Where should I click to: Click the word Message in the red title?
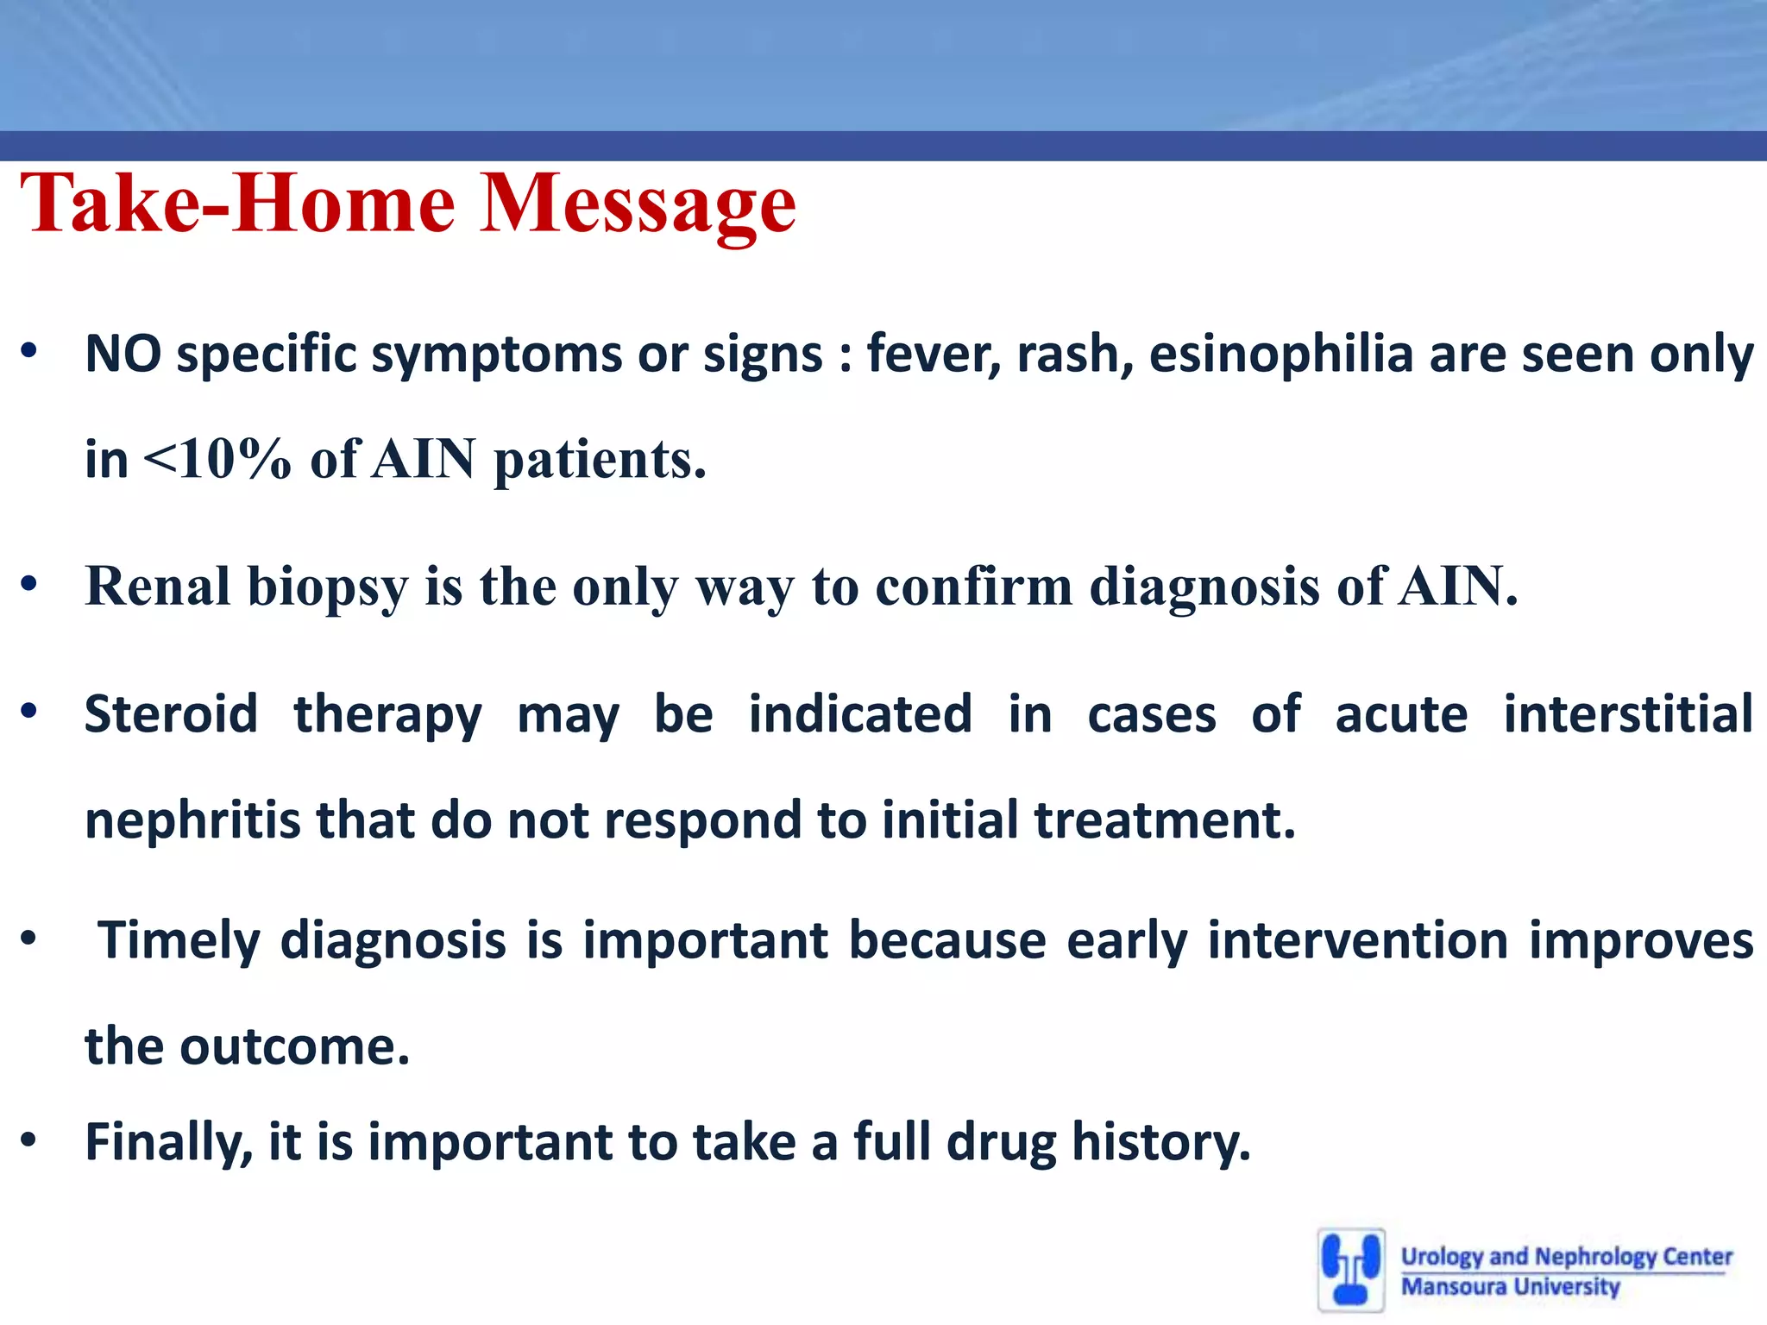click(x=638, y=205)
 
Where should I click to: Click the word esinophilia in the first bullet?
click(x=1280, y=355)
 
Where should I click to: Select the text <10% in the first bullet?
click(x=217, y=458)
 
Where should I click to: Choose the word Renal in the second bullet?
click(x=158, y=587)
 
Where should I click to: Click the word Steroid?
click(x=171, y=714)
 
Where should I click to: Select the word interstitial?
click(x=1628, y=714)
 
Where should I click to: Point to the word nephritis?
click(x=192, y=819)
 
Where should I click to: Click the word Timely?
click(x=179, y=940)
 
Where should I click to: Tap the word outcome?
click(x=294, y=1046)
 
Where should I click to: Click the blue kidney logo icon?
click(x=1351, y=1269)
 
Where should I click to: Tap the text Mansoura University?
click(x=1510, y=1286)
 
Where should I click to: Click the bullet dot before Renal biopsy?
click(x=29, y=584)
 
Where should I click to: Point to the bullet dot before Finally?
click(x=29, y=1140)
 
